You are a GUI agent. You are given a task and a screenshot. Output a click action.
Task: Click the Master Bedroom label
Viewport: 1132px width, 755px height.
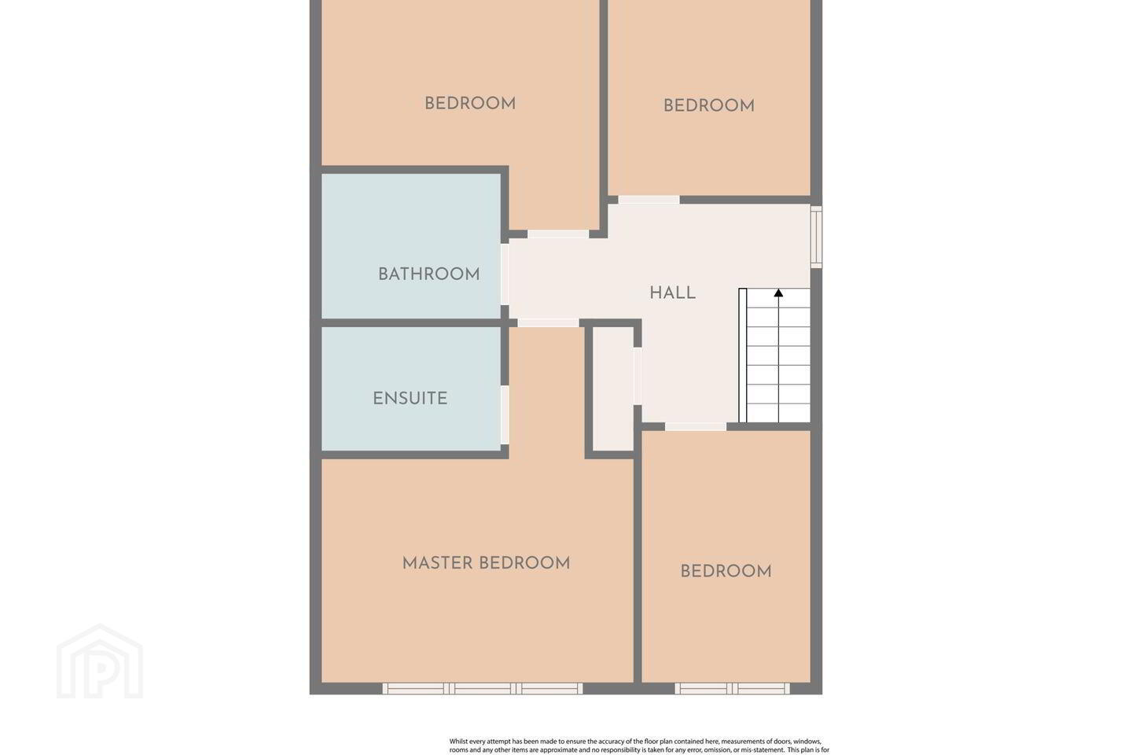click(486, 563)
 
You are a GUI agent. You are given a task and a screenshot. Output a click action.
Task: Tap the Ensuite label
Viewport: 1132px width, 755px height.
click(410, 399)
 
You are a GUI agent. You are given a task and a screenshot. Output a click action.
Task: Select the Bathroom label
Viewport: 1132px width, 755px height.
click(429, 274)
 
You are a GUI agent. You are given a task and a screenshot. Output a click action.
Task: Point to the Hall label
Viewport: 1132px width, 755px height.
click(673, 293)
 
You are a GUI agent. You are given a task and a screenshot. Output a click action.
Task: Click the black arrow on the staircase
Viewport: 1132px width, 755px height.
click(778, 293)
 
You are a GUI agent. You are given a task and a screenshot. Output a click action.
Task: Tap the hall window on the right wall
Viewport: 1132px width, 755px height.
click(816, 237)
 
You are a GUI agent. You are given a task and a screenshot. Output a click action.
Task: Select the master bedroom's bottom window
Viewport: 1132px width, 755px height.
click(483, 688)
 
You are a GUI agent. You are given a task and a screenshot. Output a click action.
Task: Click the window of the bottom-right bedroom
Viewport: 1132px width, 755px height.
click(733, 688)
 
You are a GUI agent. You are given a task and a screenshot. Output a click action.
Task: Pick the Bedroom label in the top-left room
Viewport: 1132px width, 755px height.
click(470, 104)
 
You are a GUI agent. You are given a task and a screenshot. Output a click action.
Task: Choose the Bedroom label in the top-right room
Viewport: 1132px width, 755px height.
click(709, 105)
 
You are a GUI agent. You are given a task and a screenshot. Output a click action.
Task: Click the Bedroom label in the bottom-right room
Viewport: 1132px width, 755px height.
click(726, 572)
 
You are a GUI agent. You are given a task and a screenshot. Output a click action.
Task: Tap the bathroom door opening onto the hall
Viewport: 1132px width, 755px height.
click(505, 274)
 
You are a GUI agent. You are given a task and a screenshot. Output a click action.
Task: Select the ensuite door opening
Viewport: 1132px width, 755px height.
click(505, 415)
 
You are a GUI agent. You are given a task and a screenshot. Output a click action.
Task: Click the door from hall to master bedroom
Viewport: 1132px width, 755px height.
click(549, 322)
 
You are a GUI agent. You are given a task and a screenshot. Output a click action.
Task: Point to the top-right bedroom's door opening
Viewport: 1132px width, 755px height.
click(649, 200)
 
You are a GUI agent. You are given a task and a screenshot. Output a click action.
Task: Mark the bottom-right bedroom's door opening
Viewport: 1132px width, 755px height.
click(696, 427)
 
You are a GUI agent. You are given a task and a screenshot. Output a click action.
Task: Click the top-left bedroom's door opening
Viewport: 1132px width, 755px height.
click(558, 234)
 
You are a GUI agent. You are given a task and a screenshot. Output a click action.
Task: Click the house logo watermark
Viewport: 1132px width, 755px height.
click(100, 661)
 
